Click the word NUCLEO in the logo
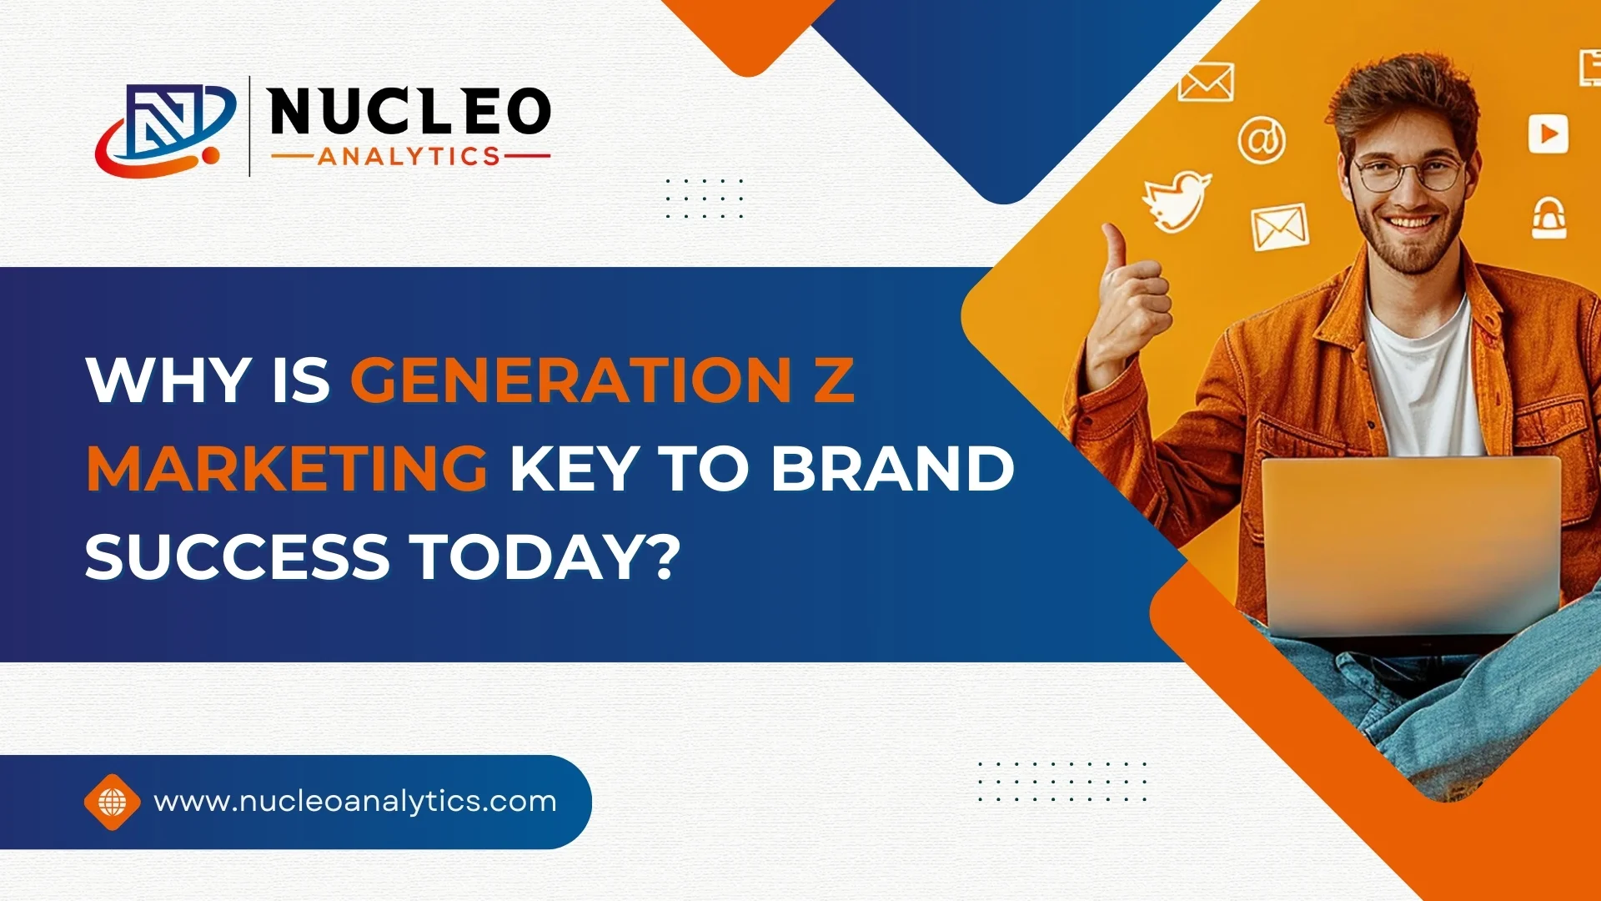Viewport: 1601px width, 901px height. click(409, 112)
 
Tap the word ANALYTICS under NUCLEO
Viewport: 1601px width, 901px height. click(409, 156)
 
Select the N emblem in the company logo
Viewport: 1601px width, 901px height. click(167, 129)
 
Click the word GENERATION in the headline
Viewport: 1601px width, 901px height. click(570, 380)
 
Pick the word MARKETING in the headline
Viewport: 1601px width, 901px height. click(287, 468)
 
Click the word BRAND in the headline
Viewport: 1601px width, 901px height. click(892, 468)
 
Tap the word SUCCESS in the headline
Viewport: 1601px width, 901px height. click(238, 556)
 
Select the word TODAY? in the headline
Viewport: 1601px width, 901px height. click(548, 556)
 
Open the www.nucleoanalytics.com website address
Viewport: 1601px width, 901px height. click(355, 801)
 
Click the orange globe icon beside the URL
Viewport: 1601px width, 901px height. click(113, 802)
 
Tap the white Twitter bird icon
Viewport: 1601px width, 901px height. click(1177, 201)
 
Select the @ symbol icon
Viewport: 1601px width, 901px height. click(1262, 140)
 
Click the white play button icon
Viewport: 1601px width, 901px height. click(1548, 133)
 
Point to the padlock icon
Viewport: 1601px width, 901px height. click(1548, 219)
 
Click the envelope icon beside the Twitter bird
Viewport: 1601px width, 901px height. click(1279, 227)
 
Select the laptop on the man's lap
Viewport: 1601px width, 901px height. click(1411, 546)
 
